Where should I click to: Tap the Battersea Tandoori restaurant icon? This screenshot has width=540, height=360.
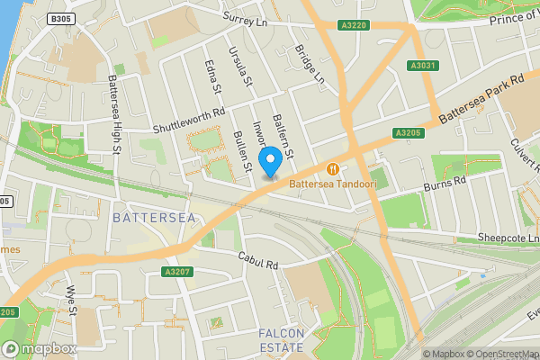coord(333,168)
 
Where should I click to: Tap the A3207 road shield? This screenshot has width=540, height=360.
coord(177,271)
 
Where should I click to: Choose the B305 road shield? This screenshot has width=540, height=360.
coord(60,18)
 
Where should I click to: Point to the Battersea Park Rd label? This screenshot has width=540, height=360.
coord(481,100)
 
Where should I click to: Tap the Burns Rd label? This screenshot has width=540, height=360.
coord(446,184)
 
